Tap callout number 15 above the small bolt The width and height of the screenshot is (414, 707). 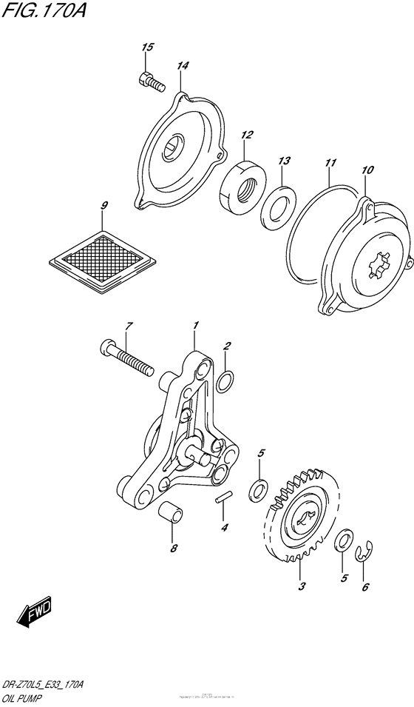coord(147,47)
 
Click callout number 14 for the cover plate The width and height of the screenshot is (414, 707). coord(183,66)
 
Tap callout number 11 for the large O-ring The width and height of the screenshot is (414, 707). coord(330,161)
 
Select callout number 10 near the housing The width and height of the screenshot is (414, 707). coord(367,170)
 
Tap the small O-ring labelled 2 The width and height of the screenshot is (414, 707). coord(228,382)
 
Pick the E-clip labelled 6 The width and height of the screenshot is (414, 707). coord(364,553)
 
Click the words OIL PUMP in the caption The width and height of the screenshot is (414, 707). coord(25,697)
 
